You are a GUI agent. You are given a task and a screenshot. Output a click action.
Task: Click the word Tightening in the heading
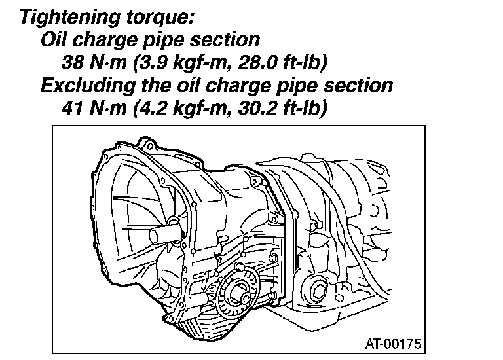pos(70,17)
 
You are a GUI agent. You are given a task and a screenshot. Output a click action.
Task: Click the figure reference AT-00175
pos(393,344)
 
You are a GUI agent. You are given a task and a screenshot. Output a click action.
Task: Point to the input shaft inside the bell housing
pos(164,232)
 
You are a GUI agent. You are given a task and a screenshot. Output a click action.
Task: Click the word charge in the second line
pos(105,41)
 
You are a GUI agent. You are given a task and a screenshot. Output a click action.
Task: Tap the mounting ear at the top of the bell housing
pos(146,145)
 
